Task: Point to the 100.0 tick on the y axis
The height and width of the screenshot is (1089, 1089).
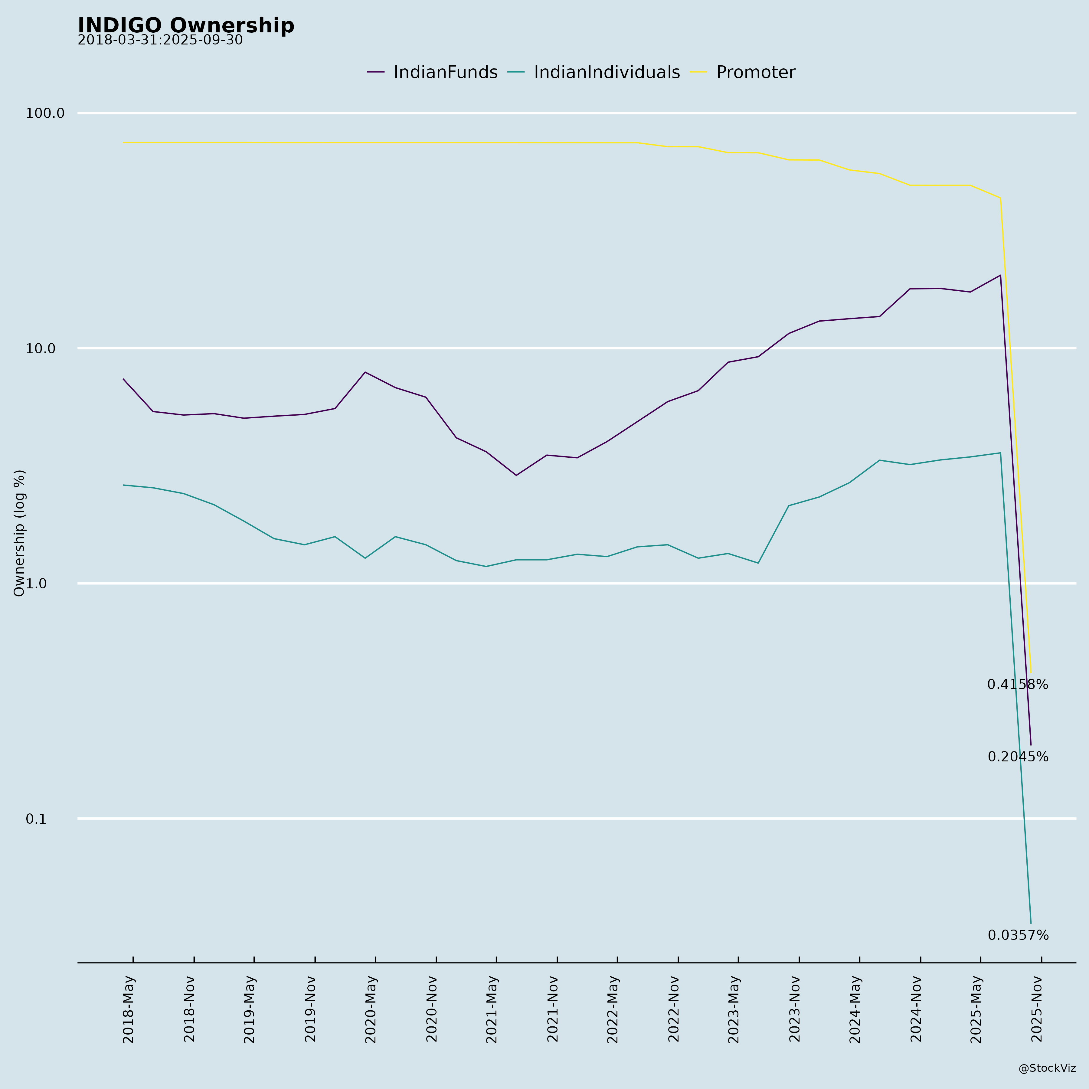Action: click(45, 113)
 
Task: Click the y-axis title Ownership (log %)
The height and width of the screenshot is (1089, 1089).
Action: click(20, 533)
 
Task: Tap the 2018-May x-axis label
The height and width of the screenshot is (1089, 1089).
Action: click(129, 1009)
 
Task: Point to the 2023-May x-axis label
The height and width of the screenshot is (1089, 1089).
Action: click(734, 1009)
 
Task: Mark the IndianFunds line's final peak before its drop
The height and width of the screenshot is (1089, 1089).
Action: click(1000, 275)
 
